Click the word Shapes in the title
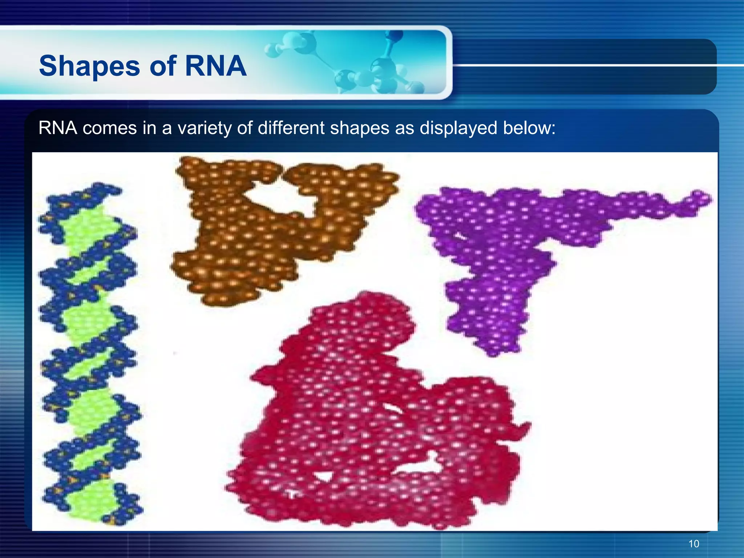[x=89, y=66]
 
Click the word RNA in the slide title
[x=215, y=66]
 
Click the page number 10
[x=694, y=544]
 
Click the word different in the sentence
[x=291, y=128]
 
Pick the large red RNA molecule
[x=363, y=418]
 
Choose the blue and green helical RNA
[x=89, y=356]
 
